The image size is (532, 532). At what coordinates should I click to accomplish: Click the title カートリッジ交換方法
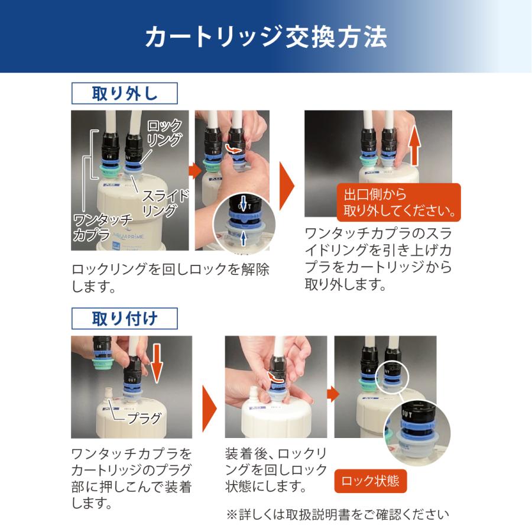click(x=266, y=37)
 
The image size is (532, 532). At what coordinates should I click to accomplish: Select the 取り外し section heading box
click(x=124, y=93)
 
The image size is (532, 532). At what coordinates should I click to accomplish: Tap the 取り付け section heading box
click(x=124, y=318)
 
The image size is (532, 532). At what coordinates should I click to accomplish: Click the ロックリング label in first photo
click(x=164, y=133)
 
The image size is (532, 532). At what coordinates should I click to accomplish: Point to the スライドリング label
click(x=166, y=203)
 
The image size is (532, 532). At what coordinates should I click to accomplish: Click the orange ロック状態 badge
click(x=371, y=481)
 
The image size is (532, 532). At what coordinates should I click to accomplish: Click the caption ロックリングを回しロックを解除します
click(x=170, y=278)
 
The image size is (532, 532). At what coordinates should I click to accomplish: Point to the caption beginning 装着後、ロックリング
click(x=275, y=471)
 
